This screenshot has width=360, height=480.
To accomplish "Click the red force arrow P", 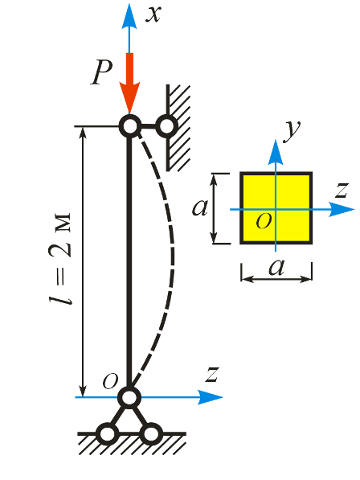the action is click(129, 84).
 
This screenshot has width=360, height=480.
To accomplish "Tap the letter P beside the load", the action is click(101, 72).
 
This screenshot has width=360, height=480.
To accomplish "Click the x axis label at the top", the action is click(153, 14).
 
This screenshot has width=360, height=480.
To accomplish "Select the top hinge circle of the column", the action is click(130, 125).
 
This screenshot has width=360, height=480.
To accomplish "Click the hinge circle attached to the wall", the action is click(166, 125).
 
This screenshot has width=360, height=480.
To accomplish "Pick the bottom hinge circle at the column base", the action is click(129, 397).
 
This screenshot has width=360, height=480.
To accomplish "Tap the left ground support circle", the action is click(108, 433).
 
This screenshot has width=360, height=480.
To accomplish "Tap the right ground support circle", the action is click(151, 433).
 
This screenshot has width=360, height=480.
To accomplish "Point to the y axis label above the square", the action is click(292, 131).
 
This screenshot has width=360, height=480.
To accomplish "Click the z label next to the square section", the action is click(342, 190).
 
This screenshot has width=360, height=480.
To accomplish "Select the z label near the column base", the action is click(212, 374).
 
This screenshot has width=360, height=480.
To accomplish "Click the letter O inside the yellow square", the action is click(264, 220).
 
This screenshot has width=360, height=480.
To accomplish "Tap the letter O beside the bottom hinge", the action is click(110, 381).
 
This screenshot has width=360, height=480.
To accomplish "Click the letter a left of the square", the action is click(200, 208).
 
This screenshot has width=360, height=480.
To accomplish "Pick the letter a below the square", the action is click(276, 267).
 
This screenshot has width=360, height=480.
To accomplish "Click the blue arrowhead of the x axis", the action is click(129, 16).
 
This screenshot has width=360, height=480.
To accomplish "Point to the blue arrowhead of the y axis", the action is click(276, 153).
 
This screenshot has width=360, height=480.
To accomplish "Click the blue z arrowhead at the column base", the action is click(210, 397).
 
